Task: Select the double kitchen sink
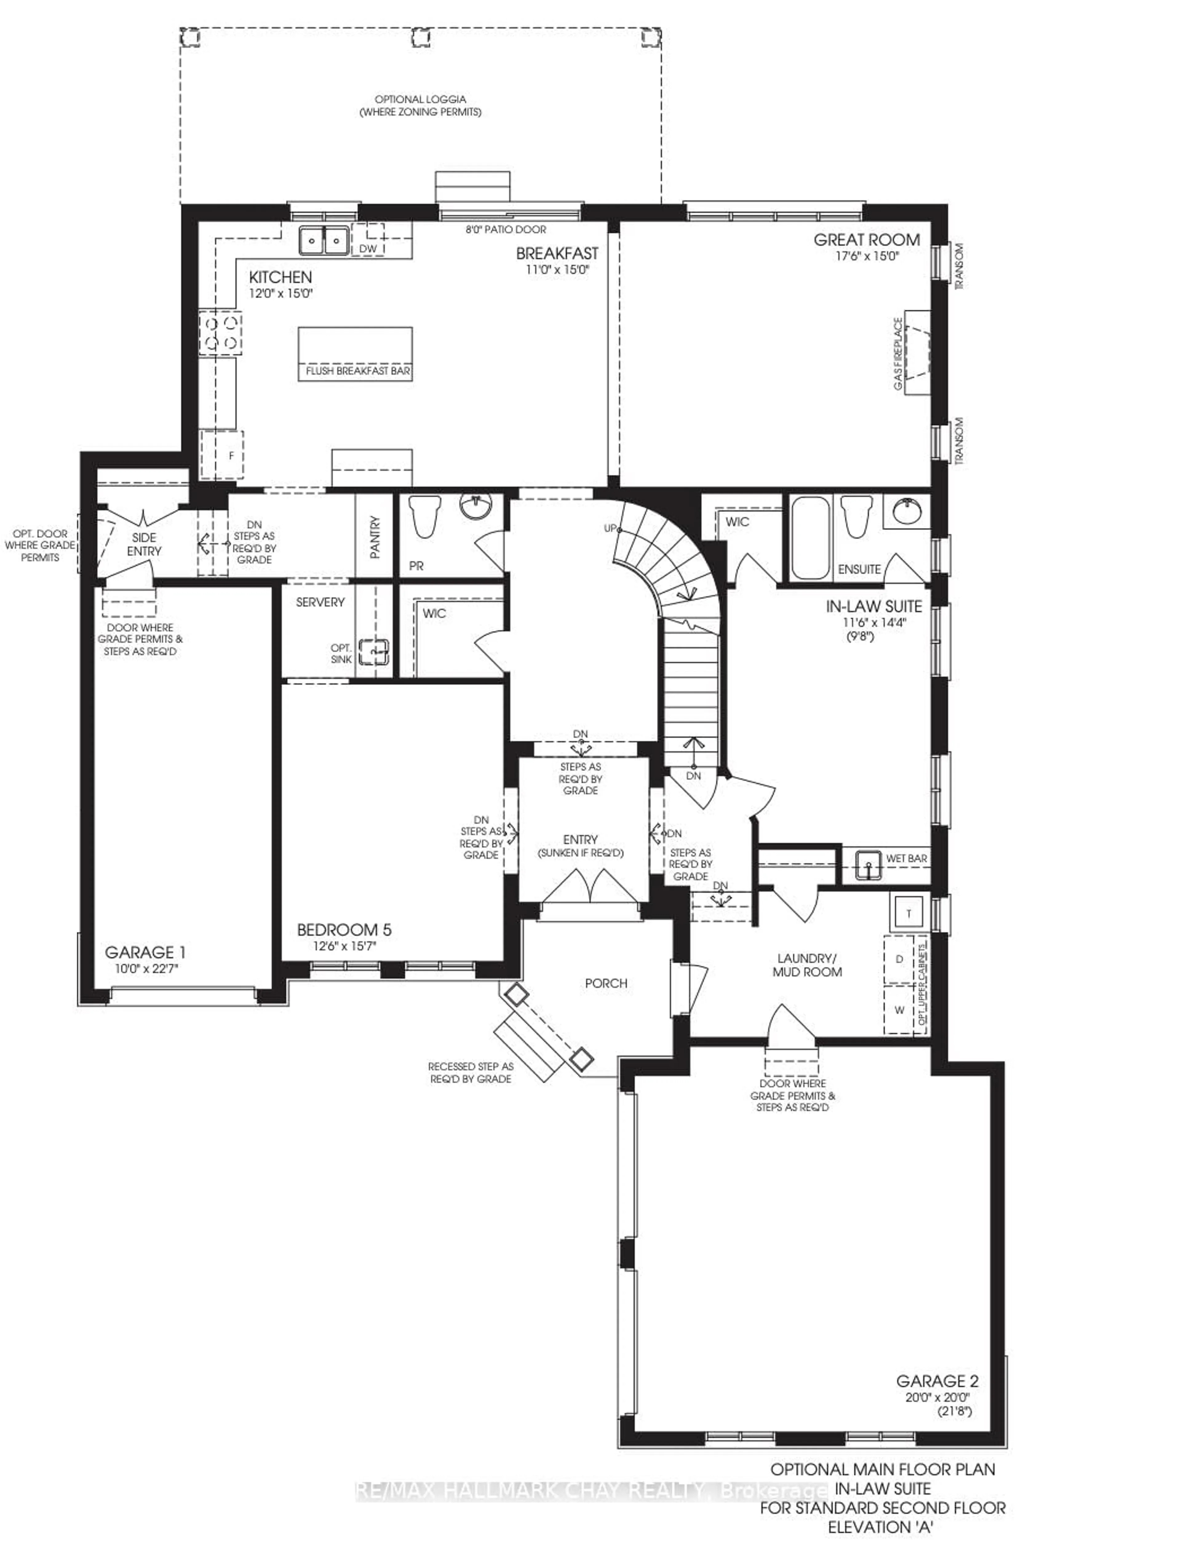(x=323, y=241)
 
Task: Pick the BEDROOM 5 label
(x=344, y=930)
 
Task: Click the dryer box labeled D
(x=898, y=959)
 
